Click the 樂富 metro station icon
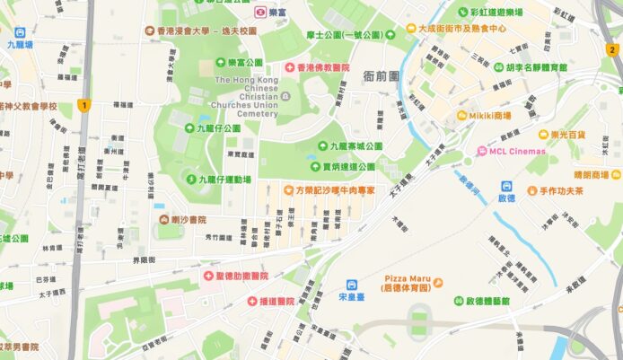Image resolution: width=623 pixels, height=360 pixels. [259, 13]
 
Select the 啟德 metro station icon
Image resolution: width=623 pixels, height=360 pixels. [505, 185]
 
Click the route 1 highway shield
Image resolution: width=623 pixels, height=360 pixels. [84, 105]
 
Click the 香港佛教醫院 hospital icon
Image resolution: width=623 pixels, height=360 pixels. [290, 67]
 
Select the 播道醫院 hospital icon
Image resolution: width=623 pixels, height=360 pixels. [253, 302]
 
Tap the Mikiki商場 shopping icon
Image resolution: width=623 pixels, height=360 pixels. [461, 115]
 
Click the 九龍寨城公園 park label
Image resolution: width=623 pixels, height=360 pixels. [355, 145]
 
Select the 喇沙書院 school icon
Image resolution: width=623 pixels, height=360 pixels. [163, 219]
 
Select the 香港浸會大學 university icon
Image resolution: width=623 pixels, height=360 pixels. [150, 30]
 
